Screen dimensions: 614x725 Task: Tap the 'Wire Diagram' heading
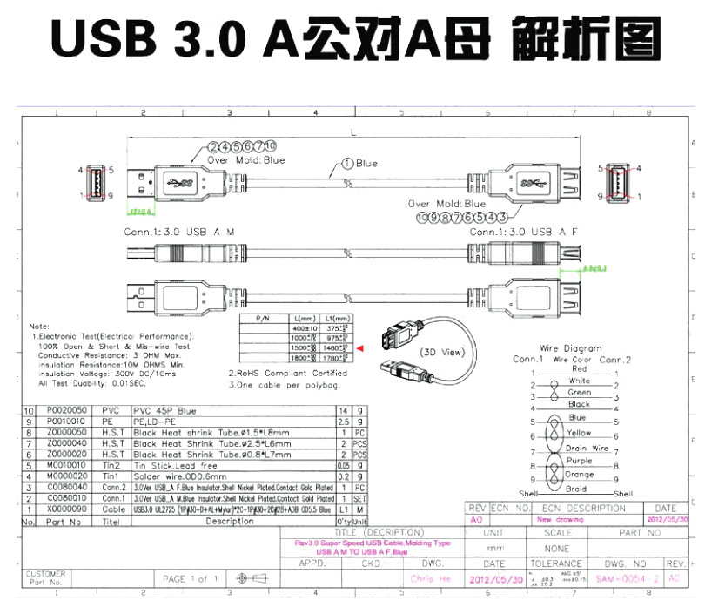point(571,348)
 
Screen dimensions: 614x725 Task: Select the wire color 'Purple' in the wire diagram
point(579,461)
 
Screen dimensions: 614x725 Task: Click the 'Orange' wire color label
point(579,475)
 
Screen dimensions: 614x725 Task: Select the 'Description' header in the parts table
point(230,522)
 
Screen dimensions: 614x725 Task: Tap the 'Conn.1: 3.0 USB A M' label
point(181,233)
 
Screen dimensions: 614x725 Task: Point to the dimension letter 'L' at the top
point(352,133)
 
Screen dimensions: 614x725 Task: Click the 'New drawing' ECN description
point(560,519)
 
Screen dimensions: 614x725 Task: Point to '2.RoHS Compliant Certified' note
point(287,373)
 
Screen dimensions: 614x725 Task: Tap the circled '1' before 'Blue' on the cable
point(347,163)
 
